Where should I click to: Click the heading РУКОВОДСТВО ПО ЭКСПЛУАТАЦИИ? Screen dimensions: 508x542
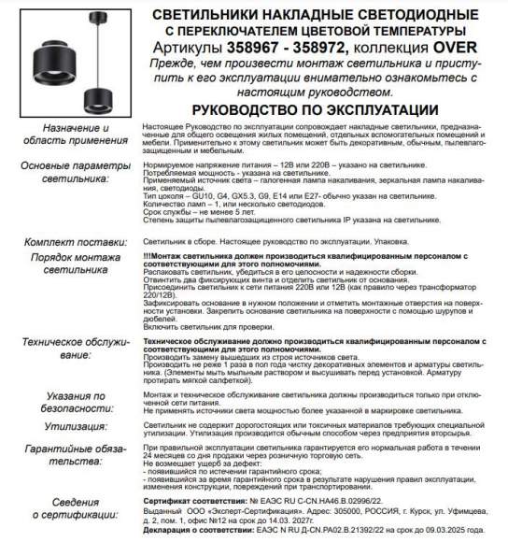pos(317,110)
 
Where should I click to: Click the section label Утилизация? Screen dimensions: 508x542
pos(58,423)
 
